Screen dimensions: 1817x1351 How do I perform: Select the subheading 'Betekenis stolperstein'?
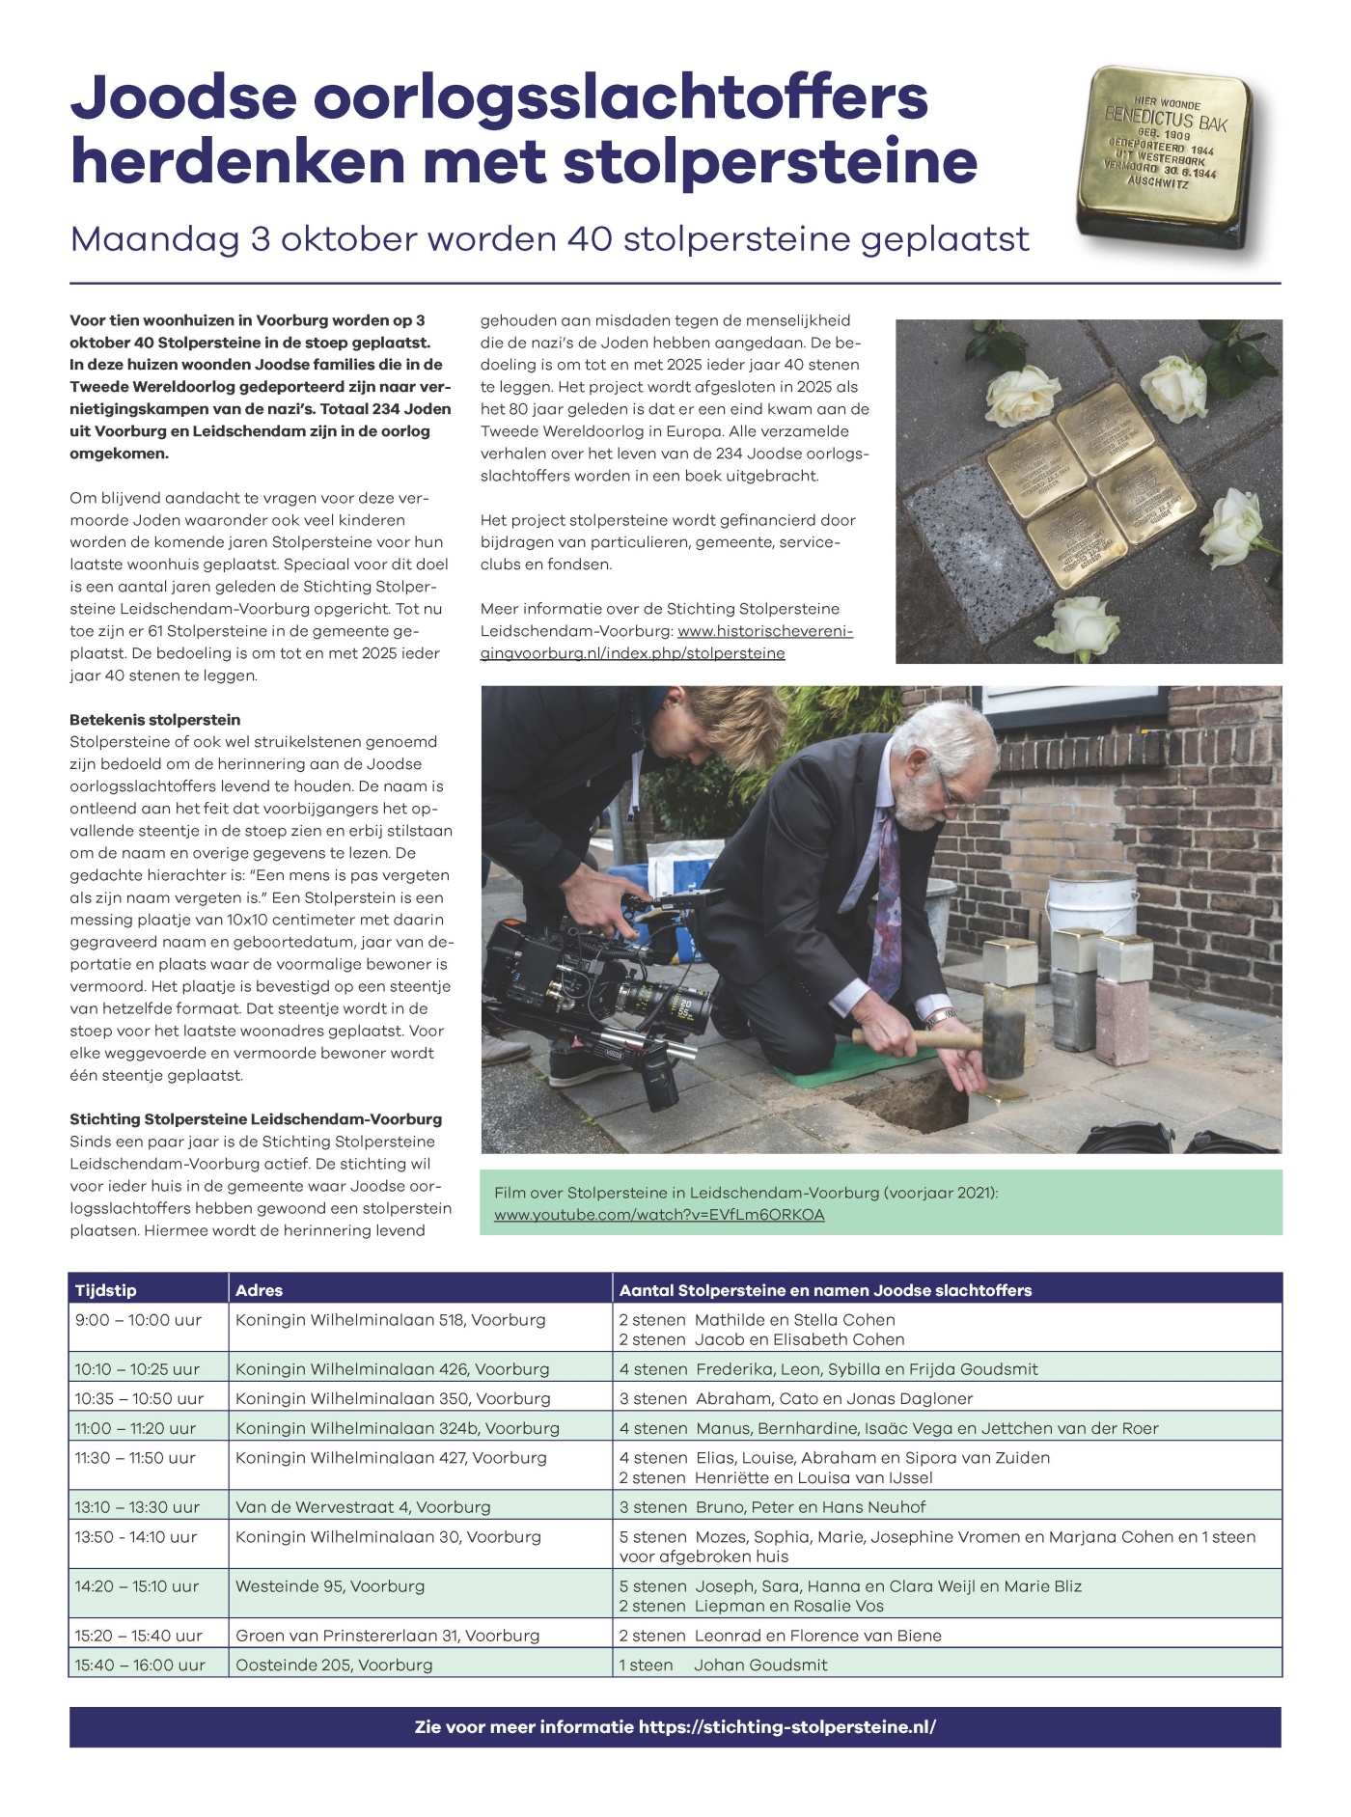[x=154, y=720]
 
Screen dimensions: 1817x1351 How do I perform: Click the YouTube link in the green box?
[x=659, y=1215]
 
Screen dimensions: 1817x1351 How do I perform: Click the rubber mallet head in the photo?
[x=1003, y=1043]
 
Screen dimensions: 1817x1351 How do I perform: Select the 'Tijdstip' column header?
[x=106, y=1290]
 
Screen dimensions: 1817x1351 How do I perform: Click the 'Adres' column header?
[x=259, y=1290]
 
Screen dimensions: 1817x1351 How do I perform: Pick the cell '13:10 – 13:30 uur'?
[x=137, y=1506]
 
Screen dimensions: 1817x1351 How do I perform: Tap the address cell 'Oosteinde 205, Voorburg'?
[x=334, y=1665]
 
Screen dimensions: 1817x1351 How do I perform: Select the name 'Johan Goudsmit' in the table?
[x=759, y=1665]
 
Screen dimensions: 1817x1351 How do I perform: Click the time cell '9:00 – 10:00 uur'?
[x=138, y=1320]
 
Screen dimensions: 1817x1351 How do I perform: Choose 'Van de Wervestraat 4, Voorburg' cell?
[x=363, y=1506]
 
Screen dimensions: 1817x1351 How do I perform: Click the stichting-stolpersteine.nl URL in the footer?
[x=786, y=1727]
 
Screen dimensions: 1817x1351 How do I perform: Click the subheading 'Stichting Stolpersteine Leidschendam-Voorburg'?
[x=256, y=1119]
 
